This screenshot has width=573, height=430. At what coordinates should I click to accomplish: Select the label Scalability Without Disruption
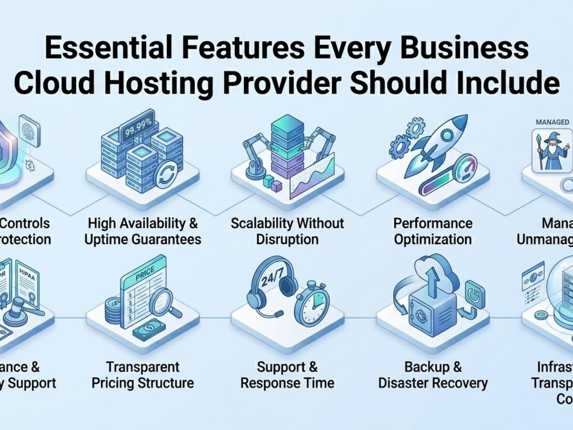[287, 231]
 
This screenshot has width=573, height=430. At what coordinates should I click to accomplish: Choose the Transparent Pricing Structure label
[143, 375]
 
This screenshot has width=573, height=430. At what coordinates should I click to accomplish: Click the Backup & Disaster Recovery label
[433, 375]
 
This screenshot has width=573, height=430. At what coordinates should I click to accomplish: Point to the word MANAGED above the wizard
[552, 122]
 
